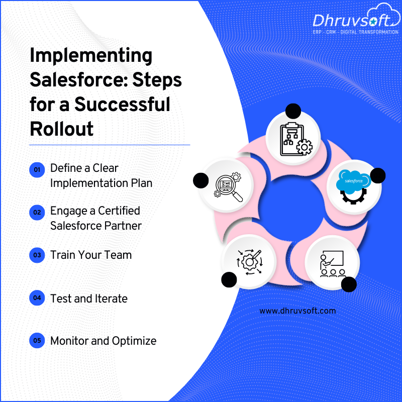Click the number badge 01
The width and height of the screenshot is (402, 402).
coord(37,170)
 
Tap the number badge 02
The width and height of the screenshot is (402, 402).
coord(37,212)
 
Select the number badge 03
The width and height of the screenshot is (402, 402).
coord(37,255)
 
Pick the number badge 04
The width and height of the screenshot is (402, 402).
coord(37,298)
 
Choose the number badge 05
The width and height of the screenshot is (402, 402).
coord(37,341)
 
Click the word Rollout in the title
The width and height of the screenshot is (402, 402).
coord(61,129)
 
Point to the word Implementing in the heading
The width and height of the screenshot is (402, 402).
coord(91,56)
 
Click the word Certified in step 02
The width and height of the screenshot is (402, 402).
coord(119,211)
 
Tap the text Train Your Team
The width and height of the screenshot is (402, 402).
coord(91,255)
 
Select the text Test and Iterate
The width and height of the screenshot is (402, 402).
coord(89,298)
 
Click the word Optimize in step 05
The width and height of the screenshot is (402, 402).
coord(134,341)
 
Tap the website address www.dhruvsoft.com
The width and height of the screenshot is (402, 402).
coord(297,311)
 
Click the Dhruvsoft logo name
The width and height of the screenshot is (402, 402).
coord(352,20)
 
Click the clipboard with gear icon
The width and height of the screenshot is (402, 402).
coord(295,139)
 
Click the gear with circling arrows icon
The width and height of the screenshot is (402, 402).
coord(249,262)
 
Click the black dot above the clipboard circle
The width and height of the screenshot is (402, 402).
coord(293,111)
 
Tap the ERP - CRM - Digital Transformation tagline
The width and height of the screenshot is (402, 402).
coord(355,32)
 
